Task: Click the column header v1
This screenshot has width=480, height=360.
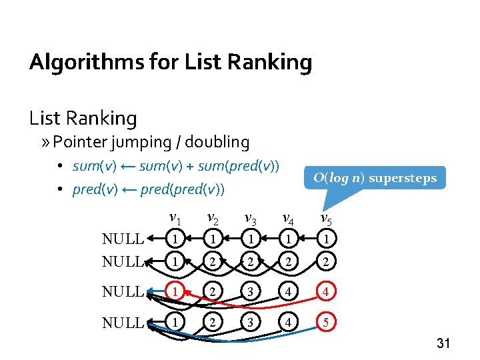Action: [x=175, y=219]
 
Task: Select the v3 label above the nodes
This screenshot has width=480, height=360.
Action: [x=251, y=219]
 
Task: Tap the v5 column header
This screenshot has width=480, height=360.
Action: [x=327, y=219]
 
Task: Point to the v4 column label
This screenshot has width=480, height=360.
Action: [x=289, y=219]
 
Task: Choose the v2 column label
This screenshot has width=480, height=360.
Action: [x=213, y=219]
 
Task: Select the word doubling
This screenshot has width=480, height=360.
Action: [x=217, y=142]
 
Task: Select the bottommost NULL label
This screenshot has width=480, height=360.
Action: [x=123, y=323]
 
